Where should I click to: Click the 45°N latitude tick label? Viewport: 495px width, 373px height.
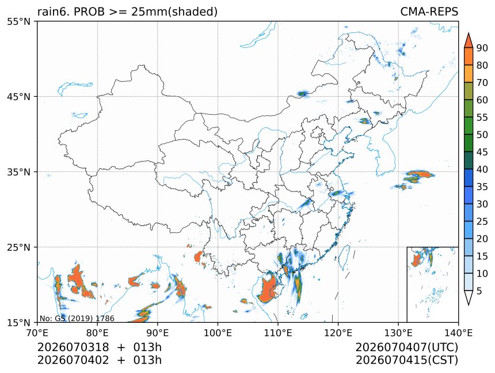click(19, 96)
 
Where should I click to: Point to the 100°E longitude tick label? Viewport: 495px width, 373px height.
click(218, 333)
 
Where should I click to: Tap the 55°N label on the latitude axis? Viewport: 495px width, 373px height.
click(19, 21)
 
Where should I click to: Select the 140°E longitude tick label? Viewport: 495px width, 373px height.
click(458, 333)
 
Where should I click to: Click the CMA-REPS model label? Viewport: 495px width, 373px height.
click(429, 12)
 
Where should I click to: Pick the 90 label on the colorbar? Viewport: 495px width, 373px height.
click(482, 48)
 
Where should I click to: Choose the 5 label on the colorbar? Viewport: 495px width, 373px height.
click(479, 291)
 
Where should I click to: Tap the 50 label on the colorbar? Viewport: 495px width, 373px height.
click(482, 135)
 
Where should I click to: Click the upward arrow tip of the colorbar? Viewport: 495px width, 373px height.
click(469, 33)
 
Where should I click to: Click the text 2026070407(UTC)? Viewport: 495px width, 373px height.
click(406, 347)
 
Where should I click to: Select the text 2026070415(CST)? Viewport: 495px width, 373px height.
click(406, 360)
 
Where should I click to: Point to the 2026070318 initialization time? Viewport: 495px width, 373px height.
click(73, 347)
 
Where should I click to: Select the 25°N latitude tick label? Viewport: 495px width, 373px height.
click(19, 247)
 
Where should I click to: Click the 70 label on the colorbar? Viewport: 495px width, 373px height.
click(482, 82)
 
